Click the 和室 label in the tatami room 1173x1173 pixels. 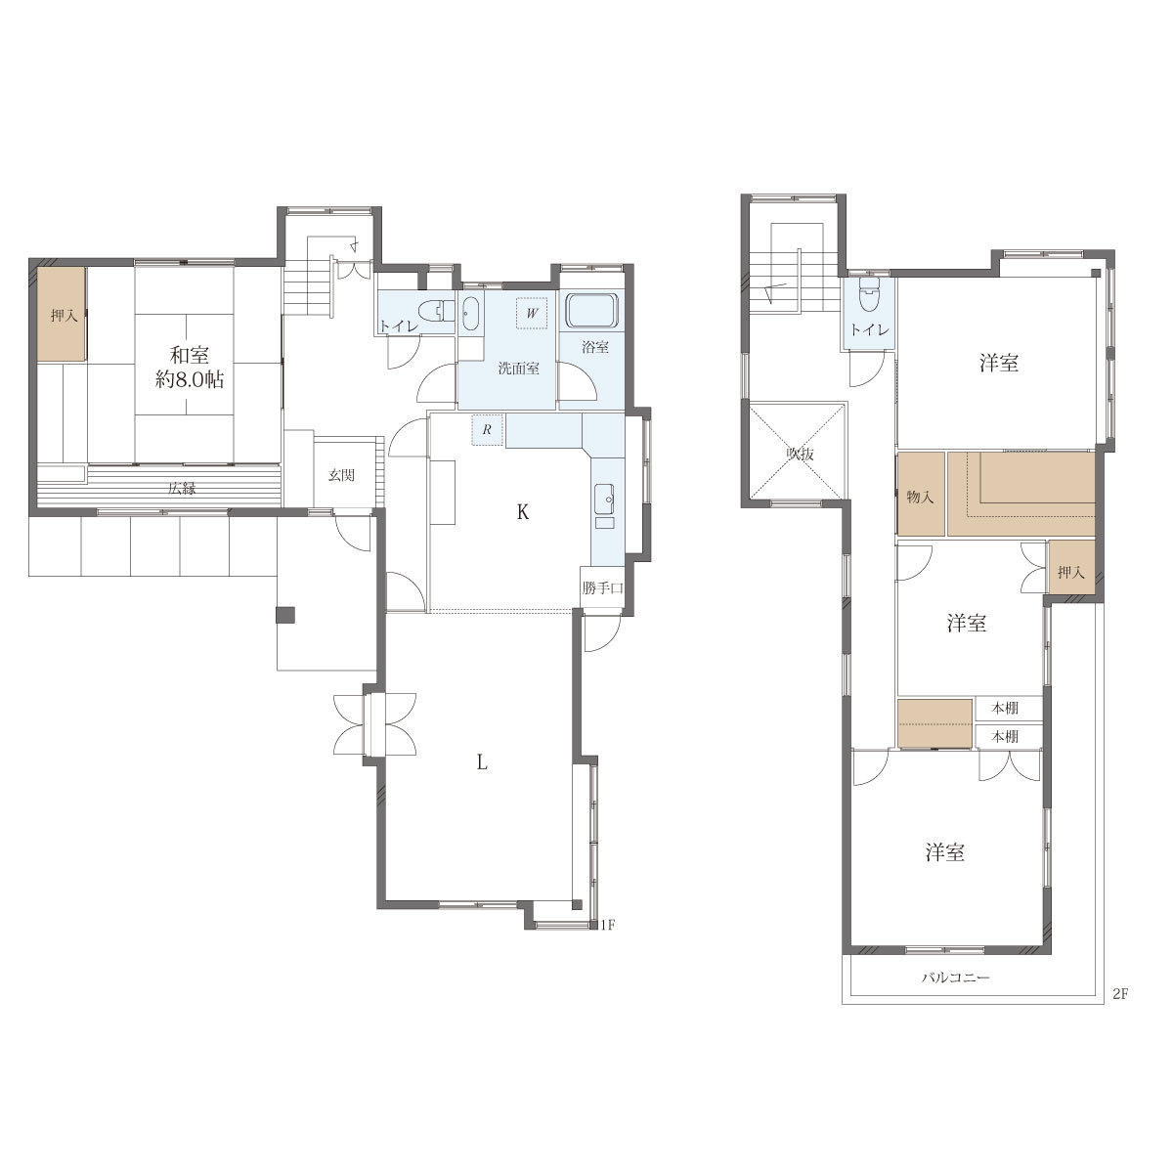190,354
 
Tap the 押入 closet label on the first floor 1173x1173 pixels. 64,316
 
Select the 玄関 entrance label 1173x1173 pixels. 341,475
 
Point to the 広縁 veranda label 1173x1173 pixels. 182,488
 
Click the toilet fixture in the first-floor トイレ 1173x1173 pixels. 441,311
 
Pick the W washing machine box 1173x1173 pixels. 532,314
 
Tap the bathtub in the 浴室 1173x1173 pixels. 591,312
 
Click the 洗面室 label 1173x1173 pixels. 519,369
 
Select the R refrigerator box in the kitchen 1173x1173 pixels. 487,430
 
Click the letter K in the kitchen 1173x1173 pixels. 522,512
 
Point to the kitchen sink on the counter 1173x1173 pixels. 606,500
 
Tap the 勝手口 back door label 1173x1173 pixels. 603,588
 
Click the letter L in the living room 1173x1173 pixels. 482,762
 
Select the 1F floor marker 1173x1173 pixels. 608,926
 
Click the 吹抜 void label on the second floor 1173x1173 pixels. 800,455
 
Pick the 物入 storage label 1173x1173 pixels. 920,498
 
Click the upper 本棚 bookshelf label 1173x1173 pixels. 1005,708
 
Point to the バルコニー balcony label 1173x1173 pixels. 956,977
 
